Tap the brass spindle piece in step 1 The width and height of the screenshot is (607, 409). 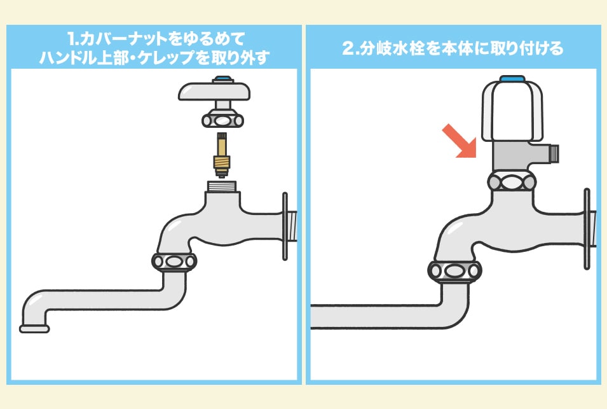(x=220, y=155)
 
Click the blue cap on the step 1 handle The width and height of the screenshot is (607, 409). (x=222, y=80)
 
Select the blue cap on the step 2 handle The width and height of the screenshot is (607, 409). (x=512, y=80)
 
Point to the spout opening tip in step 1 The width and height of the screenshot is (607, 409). (x=34, y=328)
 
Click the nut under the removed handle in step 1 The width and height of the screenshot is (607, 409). (x=221, y=119)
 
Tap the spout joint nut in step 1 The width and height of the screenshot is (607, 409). (x=174, y=261)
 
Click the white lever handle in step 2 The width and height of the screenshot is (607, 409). (x=512, y=111)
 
